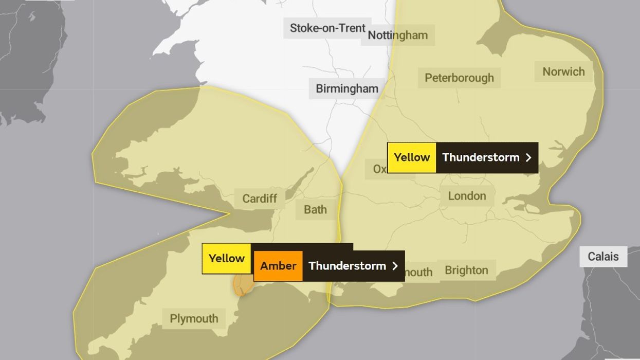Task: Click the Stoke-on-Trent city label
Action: tap(327, 28)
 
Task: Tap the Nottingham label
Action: tap(397, 35)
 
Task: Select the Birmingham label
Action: tap(346, 88)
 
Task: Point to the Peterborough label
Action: tap(459, 78)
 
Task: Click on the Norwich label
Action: tap(563, 71)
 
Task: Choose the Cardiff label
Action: tap(260, 199)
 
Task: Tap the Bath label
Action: tap(315, 209)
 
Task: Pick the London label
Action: tap(467, 196)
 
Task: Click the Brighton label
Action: tap(466, 271)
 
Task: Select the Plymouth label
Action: tap(194, 318)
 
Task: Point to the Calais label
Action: tap(603, 256)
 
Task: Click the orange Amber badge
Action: tap(278, 266)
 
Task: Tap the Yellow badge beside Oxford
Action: tap(412, 157)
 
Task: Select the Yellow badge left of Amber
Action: tap(226, 258)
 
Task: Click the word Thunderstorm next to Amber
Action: tap(347, 266)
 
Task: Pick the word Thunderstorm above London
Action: tap(481, 157)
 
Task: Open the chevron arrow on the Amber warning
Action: tap(395, 266)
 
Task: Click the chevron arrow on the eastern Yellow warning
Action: tap(528, 157)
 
